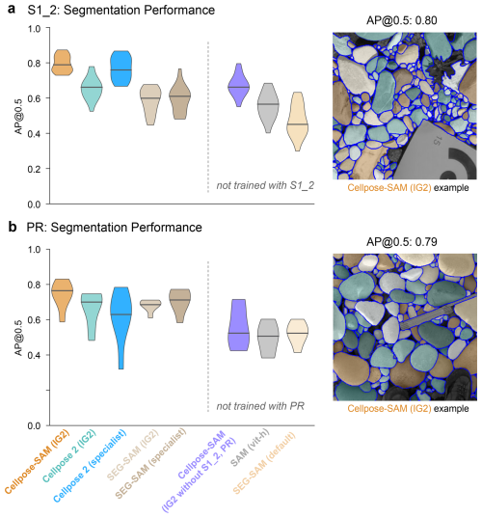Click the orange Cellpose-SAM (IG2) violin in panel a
click(x=63, y=63)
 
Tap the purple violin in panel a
click(x=238, y=85)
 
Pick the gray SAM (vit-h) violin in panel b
click(x=267, y=339)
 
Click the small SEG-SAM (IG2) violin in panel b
click(x=150, y=308)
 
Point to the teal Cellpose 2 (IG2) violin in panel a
click(x=92, y=89)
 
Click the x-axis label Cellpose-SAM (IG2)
click(x=37, y=461)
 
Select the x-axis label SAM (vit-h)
click(x=250, y=448)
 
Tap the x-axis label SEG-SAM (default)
click(x=264, y=462)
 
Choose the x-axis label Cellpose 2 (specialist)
click(x=90, y=466)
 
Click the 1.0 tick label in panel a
click(x=34, y=29)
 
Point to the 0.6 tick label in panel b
click(x=34, y=320)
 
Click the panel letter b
click(x=13, y=227)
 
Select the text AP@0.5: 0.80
click(x=401, y=20)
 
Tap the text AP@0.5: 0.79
click(x=401, y=242)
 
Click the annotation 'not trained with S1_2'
click(x=265, y=185)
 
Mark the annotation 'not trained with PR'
click(x=260, y=406)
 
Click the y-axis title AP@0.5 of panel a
click(x=19, y=117)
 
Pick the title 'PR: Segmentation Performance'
click(x=114, y=228)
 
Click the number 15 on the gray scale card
click(x=436, y=141)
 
